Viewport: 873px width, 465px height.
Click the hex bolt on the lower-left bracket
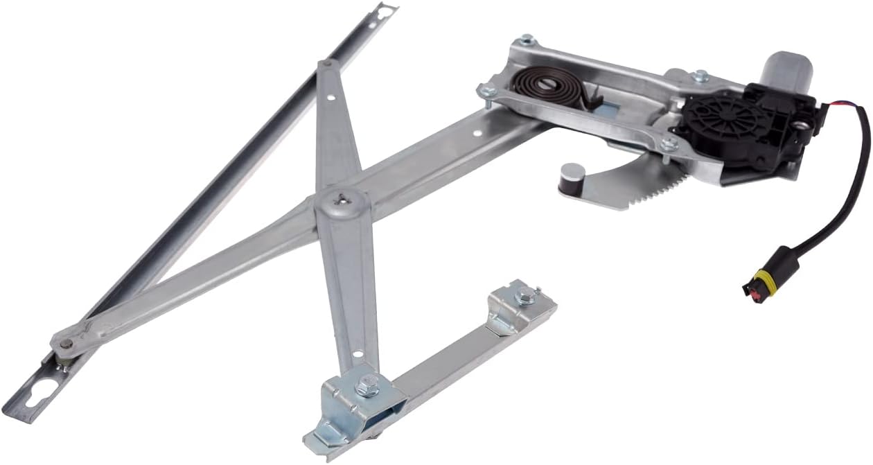(x=367, y=383)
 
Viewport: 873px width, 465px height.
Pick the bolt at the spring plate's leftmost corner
(x=487, y=90)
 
